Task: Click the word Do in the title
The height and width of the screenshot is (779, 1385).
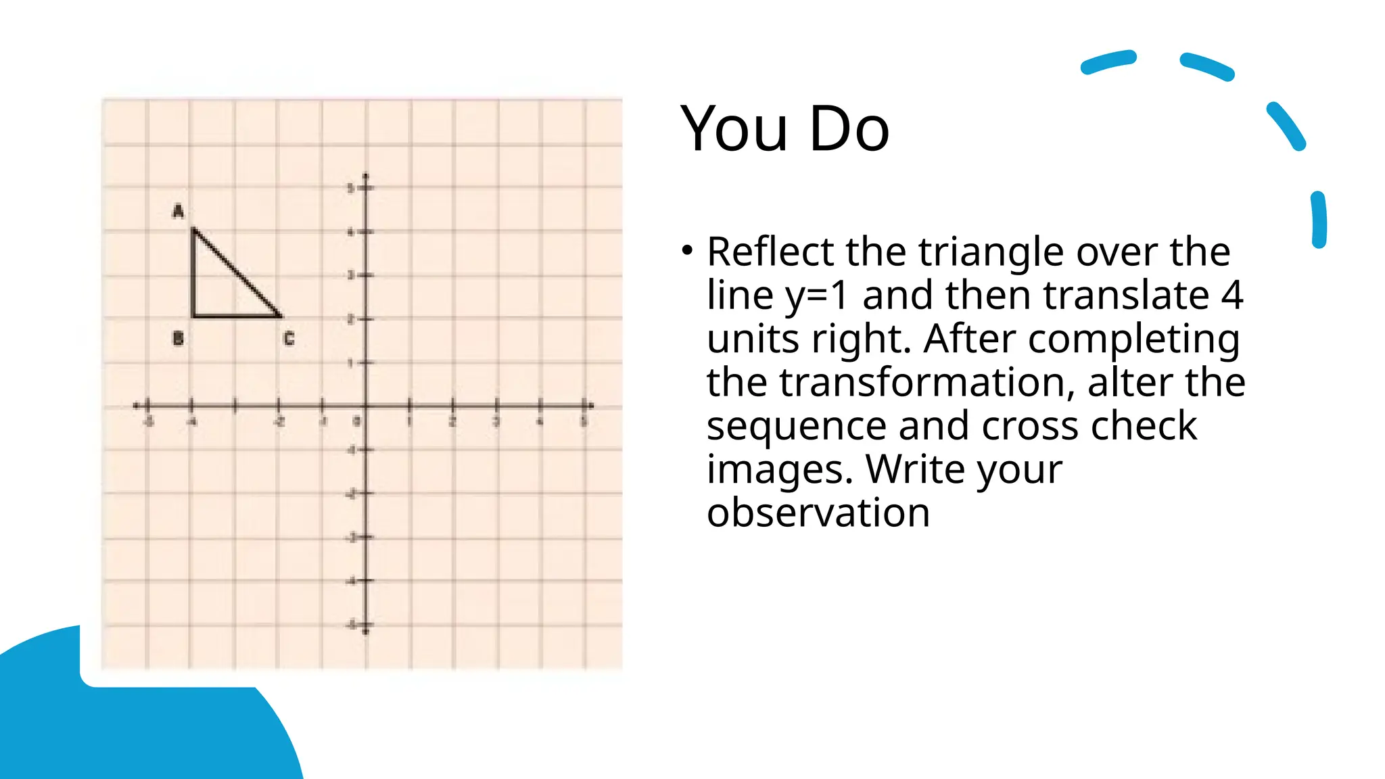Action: point(849,128)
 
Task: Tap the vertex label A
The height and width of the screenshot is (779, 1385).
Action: point(178,211)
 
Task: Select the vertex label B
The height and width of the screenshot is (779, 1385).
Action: point(178,338)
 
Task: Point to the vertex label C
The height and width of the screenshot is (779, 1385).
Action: point(289,339)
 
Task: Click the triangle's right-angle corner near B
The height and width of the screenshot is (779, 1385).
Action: point(194,315)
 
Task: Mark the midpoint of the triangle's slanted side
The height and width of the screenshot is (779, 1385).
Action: point(237,273)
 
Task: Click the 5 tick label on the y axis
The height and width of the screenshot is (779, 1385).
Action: point(351,188)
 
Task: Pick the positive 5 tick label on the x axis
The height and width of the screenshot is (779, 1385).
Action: point(583,422)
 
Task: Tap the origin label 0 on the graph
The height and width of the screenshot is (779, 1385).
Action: point(357,422)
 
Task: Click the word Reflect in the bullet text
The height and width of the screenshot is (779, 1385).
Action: point(770,252)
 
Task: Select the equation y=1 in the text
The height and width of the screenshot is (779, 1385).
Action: point(816,296)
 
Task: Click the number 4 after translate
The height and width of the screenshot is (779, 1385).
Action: point(1231,296)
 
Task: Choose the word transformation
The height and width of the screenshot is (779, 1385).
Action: point(926,383)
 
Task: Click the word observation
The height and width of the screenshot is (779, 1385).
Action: point(818,513)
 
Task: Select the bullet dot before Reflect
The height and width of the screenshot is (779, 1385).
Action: point(688,251)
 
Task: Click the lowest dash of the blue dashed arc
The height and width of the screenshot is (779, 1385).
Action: point(1319,220)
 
